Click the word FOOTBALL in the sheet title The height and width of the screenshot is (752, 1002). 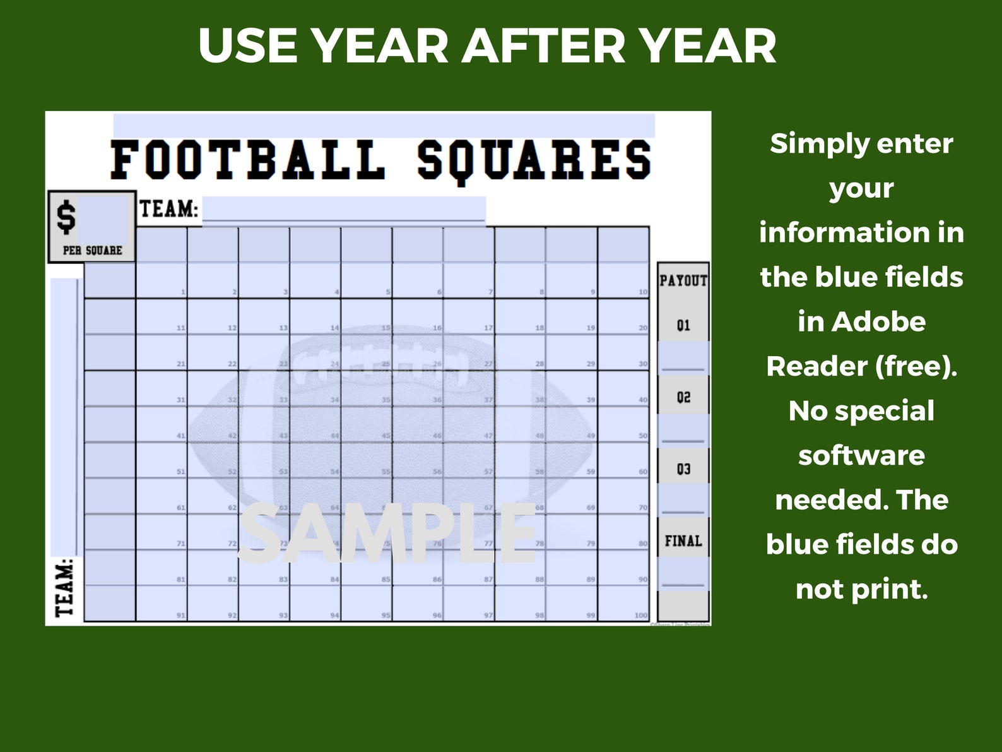point(247,160)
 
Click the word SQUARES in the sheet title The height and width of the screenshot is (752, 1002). point(534,160)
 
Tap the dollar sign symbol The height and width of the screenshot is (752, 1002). point(66,217)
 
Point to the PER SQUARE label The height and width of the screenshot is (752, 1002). point(92,251)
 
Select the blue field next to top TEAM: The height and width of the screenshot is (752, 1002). point(344,209)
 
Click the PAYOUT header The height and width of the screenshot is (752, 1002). point(683,280)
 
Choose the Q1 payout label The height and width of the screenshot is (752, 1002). point(683,326)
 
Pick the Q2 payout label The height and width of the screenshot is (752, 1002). point(683,398)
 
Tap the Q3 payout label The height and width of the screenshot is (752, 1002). point(683,470)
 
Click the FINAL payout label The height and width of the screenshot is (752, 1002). point(683,541)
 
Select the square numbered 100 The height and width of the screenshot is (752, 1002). point(623,604)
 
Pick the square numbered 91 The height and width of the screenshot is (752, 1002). point(162,604)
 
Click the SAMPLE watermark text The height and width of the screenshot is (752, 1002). point(387,534)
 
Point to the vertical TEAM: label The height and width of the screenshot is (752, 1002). point(65,587)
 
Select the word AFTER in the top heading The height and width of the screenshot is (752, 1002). point(543,46)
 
